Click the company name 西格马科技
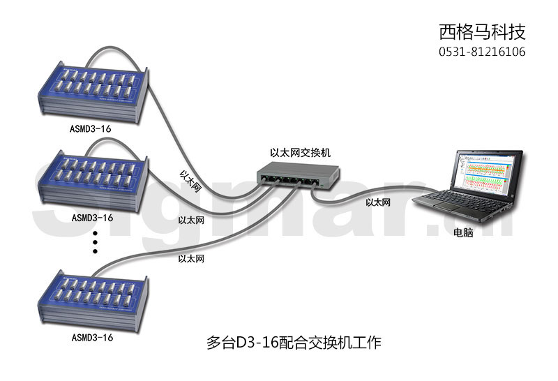pos(482,32)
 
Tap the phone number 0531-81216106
pos(482,52)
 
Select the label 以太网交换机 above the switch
pos(300,153)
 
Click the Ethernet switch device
pos(298,174)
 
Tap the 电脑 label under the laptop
pos(463,232)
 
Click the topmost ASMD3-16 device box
pos(93,92)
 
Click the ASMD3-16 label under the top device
pos(91,128)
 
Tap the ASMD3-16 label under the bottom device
pos(92,337)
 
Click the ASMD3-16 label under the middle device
pos(92,218)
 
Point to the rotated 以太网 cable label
pos(190,181)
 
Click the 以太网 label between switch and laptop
pos(378,202)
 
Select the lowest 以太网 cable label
pos(191,258)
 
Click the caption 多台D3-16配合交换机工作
pos(294,343)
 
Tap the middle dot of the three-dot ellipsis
pos(95,243)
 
